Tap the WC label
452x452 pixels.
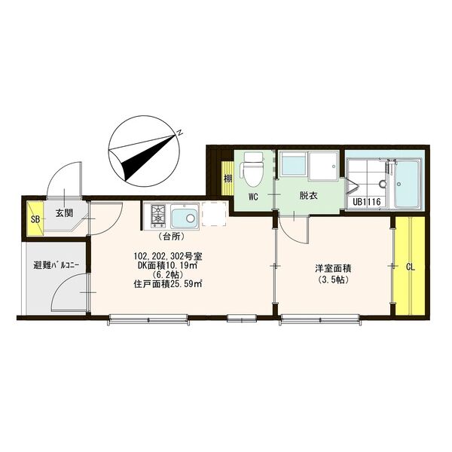253,197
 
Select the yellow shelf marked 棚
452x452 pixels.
228,178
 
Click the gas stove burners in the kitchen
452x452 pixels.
158,216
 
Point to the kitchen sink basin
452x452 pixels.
185,217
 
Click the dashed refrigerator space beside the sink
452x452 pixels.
214,214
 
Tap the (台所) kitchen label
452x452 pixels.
171,237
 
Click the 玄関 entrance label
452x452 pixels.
64,214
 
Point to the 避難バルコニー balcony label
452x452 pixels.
56,265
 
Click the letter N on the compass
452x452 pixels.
180,133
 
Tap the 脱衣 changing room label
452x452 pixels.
308,196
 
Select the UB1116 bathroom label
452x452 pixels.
366,202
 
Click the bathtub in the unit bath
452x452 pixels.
409,184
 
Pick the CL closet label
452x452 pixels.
411,267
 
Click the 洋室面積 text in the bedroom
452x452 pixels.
333,269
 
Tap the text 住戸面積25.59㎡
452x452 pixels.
167,284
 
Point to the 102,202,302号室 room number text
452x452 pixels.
168,255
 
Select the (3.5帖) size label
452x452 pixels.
333,279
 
